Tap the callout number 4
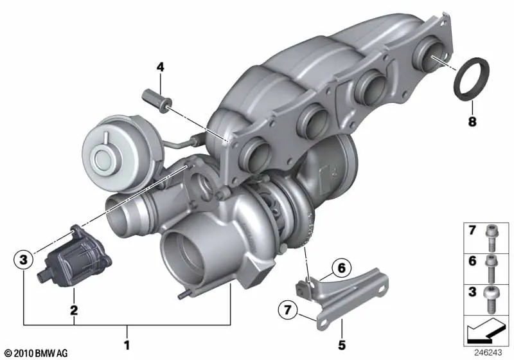(x=160, y=67)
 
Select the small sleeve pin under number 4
(x=157, y=100)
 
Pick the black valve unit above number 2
(x=75, y=258)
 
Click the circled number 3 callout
(x=24, y=260)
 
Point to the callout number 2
(x=74, y=310)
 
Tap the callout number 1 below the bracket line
(x=127, y=345)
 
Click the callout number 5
(x=342, y=345)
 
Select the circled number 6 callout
(x=341, y=268)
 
